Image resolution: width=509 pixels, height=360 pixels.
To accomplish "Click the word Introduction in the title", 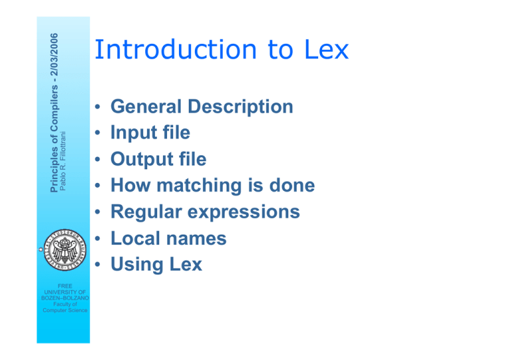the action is point(176,49).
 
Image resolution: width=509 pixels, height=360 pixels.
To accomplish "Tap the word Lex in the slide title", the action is point(327,49).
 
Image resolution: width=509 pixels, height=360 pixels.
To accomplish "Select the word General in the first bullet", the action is point(146,107).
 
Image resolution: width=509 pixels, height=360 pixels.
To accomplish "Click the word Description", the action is point(241,107).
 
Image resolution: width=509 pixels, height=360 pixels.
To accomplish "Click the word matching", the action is point(199,186).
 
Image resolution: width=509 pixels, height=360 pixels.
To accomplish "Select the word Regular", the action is point(146,212).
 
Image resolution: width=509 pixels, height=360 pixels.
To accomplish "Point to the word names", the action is point(196,239).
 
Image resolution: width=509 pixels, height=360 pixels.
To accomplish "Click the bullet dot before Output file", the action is point(97,159).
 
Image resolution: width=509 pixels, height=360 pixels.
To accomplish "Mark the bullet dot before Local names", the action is point(97,238).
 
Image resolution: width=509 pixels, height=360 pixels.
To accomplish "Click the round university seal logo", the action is point(65,250).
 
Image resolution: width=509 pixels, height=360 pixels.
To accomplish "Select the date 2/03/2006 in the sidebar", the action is point(54,54).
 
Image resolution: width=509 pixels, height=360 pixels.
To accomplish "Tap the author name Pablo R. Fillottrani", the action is point(63,161).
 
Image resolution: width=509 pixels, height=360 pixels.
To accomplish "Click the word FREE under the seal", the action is point(65,286).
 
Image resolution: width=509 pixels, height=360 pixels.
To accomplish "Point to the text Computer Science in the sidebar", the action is point(65,310).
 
